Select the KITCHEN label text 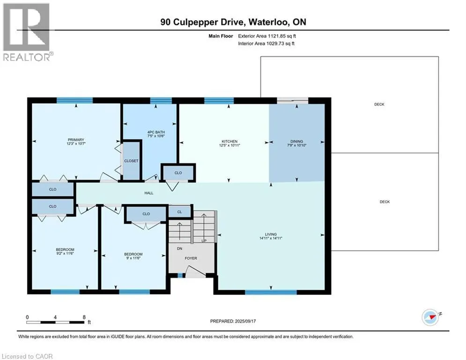pyautogui.click(x=229, y=141)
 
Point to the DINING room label pyautogui.click(x=296, y=141)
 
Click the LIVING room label pyautogui.click(x=271, y=234)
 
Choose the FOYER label pyautogui.click(x=191, y=258)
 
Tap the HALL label pyautogui.click(x=149, y=193)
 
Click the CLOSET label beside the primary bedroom pyautogui.click(x=131, y=161)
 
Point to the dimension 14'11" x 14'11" pyautogui.click(x=271, y=238)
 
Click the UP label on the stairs pyautogui.click(x=204, y=240)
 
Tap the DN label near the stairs pyautogui.click(x=179, y=249)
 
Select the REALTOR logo pyautogui.click(x=27, y=32)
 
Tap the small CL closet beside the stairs pyautogui.click(x=179, y=212)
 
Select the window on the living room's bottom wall pyautogui.click(x=271, y=292)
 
